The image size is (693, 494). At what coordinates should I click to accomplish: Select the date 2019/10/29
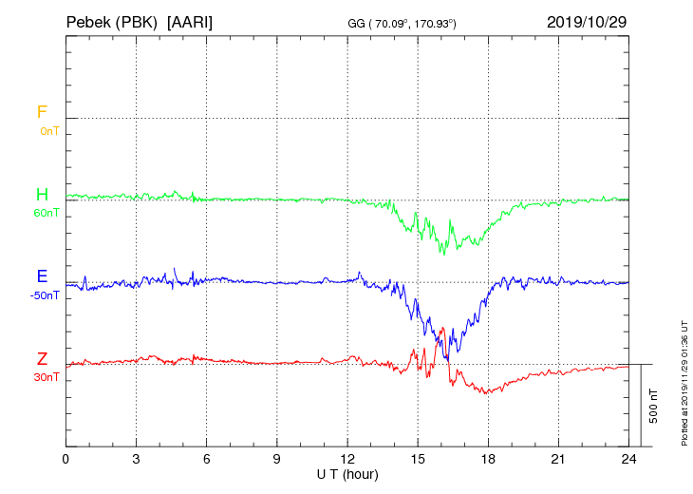586,21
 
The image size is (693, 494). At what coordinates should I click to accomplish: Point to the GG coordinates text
403,22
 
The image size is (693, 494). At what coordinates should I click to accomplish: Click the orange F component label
42,112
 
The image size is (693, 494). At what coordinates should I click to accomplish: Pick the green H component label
42,195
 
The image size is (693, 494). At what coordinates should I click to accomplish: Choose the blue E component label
42,276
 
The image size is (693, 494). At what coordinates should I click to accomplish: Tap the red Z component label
42,359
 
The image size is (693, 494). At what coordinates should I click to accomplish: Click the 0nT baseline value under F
48,131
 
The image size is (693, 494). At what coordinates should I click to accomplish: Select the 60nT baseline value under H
47,213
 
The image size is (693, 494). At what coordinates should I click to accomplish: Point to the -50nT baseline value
45,295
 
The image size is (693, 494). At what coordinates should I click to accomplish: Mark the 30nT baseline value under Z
47,377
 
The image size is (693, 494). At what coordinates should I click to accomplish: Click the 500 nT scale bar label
653,406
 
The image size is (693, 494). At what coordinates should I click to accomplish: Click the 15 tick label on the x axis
418,458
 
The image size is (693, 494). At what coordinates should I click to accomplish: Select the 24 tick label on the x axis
628,458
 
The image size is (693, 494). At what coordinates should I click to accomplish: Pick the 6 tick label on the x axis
207,458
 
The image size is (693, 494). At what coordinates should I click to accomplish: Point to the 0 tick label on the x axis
66,458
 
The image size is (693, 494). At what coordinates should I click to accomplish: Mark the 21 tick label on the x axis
558,458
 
